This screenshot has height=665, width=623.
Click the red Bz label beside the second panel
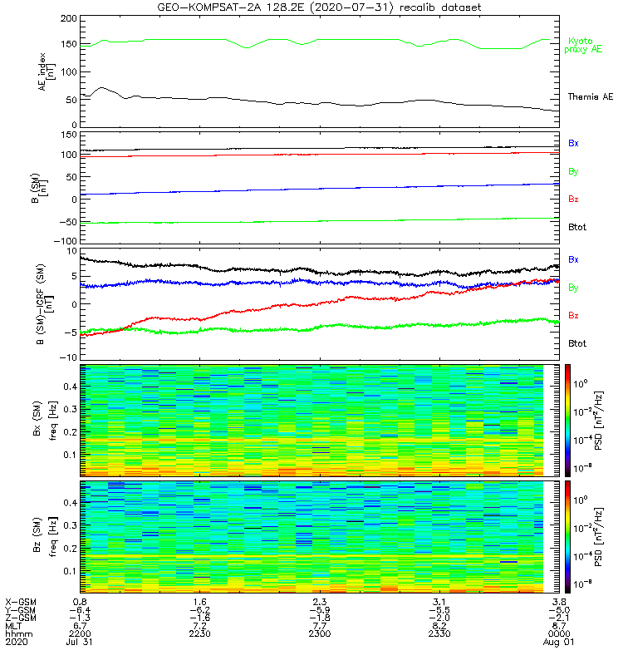[573, 199]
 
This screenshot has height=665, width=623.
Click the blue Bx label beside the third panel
[573, 259]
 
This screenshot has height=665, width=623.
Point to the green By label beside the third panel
[573, 288]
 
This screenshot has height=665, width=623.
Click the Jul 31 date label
[81, 643]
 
